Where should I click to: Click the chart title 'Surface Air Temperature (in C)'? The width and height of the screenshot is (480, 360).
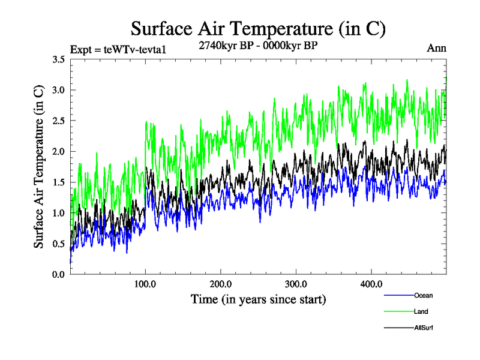coord(258,28)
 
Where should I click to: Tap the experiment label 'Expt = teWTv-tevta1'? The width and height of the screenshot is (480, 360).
coord(118,49)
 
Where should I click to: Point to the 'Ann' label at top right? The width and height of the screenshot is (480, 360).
coord(436,48)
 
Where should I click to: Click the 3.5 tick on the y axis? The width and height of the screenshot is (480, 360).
coord(59,59)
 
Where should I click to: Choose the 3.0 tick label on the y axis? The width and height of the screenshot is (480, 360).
coord(59,90)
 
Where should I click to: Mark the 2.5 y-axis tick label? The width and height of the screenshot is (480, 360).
coord(59,121)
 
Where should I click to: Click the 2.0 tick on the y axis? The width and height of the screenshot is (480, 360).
coord(59,151)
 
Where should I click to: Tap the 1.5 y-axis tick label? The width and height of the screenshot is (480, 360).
coord(59,182)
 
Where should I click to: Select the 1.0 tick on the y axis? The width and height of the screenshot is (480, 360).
coord(59,213)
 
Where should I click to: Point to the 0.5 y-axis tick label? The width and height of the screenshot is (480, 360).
coord(59,244)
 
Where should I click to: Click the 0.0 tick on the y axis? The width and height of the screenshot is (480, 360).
coord(59,274)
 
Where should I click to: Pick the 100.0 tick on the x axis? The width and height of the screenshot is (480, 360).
coord(146,284)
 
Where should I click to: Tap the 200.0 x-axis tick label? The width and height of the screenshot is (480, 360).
coord(221,284)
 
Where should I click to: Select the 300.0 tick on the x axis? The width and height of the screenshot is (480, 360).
coord(296,284)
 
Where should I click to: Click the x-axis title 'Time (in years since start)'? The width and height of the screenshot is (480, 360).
coord(258,299)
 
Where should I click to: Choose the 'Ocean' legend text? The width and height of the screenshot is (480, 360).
coord(423,295)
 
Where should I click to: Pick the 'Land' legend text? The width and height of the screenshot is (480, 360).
coord(421,311)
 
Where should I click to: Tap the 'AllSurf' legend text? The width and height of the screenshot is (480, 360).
coord(424,328)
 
